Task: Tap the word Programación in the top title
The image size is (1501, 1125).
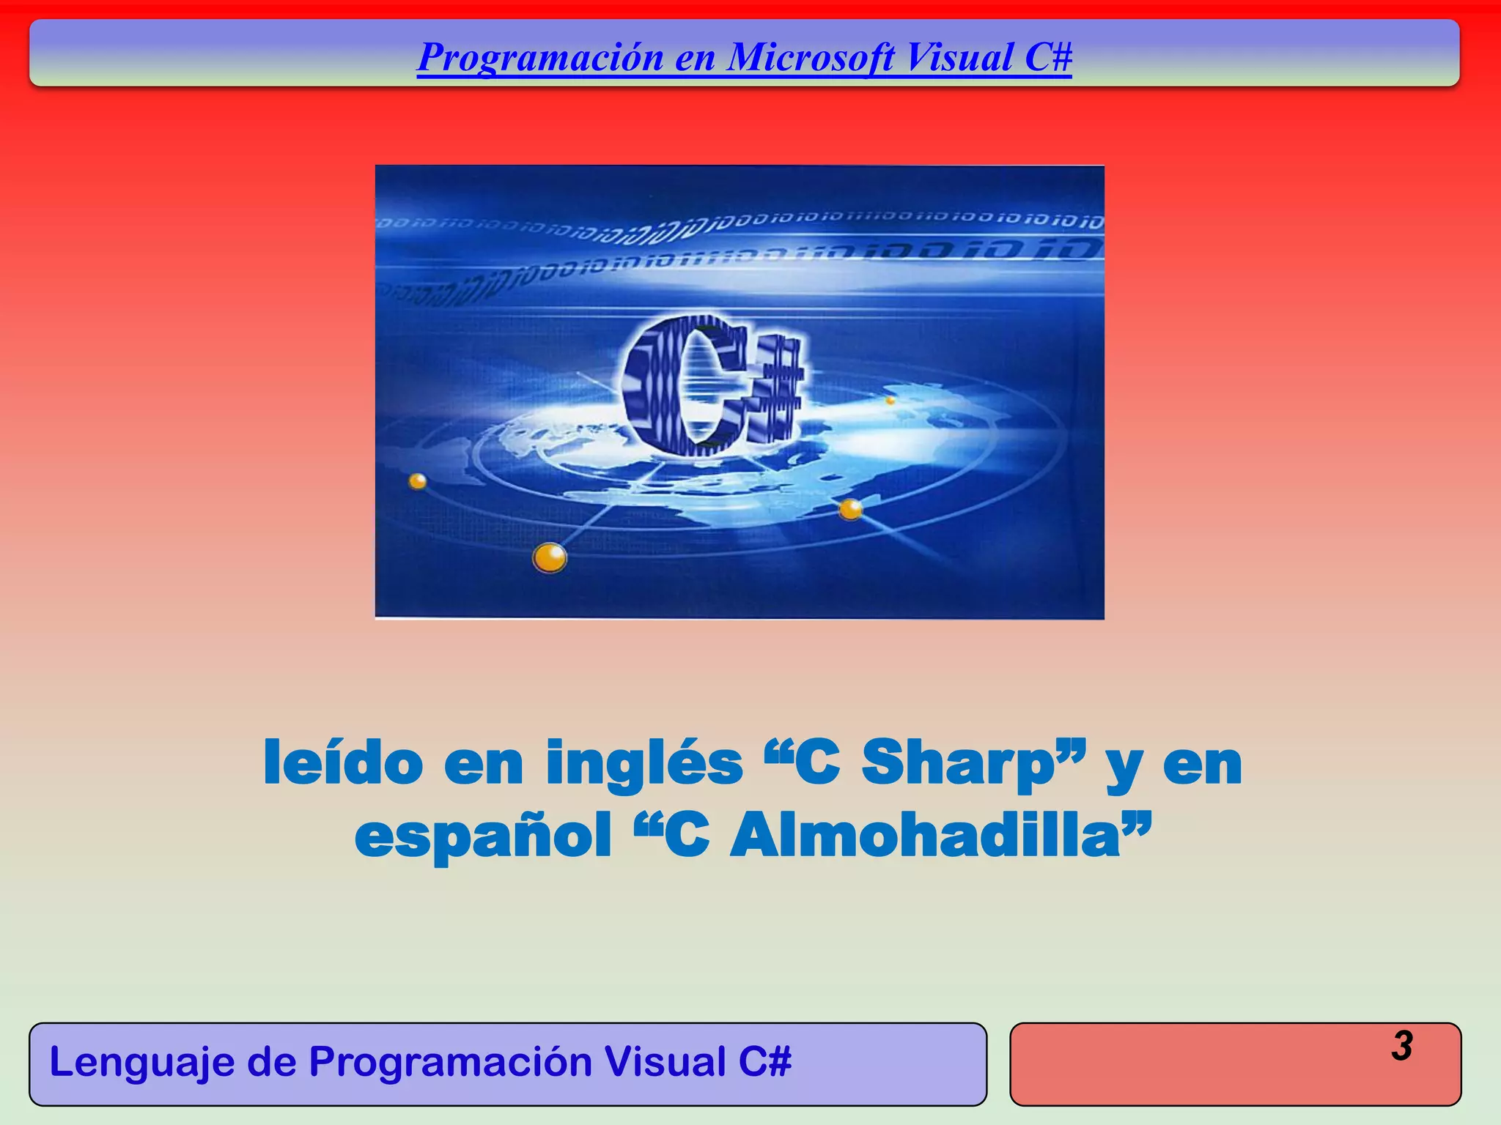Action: [x=540, y=59]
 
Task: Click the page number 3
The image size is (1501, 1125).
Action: [x=1401, y=1045]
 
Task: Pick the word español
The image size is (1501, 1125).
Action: [x=483, y=838]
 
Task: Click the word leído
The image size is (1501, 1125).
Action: [x=343, y=763]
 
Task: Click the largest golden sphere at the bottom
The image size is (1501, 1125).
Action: [x=549, y=558]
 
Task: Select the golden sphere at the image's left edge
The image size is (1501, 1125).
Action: [x=417, y=481]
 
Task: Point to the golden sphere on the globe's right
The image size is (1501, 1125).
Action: [x=850, y=508]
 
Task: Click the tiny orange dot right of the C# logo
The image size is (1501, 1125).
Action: [x=890, y=401]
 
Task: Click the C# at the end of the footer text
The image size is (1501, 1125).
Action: [x=765, y=1062]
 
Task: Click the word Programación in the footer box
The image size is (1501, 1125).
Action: [x=450, y=1063]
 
